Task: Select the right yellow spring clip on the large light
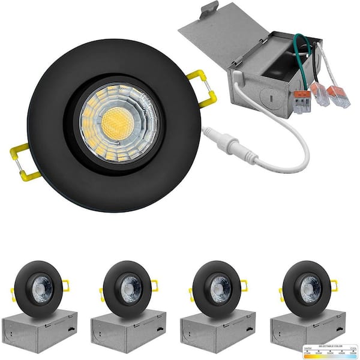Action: coord(203,89)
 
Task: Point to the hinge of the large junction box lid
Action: coord(240,60)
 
